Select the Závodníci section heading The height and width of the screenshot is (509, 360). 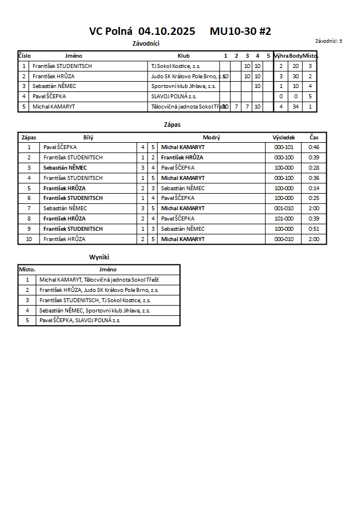coord(146,43)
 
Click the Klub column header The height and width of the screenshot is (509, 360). coord(183,56)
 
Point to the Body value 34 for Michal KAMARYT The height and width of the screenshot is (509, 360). coord(295,107)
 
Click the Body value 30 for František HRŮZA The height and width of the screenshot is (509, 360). coord(295,76)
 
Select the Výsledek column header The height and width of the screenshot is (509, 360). coord(283,137)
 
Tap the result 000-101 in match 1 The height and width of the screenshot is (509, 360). coord(283,147)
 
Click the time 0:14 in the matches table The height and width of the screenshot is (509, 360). coord(314,188)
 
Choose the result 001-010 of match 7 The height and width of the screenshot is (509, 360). coord(283,209)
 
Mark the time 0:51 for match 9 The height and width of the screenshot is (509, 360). coord(314,229)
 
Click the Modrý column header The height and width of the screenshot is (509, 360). coord(211,137)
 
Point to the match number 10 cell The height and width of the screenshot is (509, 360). coord(29,239)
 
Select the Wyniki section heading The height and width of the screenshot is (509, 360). coord(99,258)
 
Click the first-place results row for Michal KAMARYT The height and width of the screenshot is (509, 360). coord(99,280)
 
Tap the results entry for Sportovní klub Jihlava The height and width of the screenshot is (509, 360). coord(94,311)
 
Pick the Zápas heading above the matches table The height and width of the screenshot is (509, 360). coord(172,124)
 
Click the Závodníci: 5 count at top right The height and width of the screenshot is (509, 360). coord(329,41)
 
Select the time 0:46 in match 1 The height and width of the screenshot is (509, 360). coord(314,147)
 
